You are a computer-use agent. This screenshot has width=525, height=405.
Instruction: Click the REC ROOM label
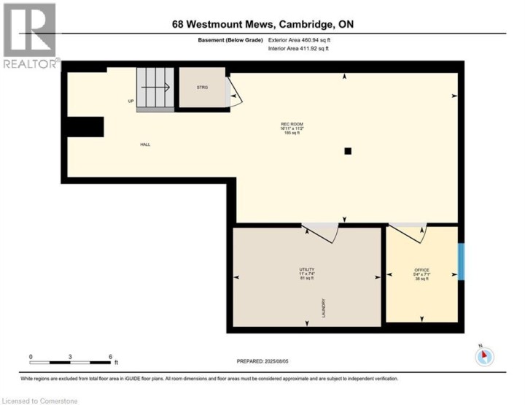coord(292,125)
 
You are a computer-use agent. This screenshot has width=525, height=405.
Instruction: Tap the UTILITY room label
coord(306,270)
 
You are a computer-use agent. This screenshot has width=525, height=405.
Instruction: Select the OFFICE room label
coord(421,270)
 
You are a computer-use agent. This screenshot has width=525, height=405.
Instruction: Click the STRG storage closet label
coord(202,88)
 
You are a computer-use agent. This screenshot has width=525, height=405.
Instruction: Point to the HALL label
coord(145,144)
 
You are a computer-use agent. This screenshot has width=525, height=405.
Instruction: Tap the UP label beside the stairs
coord(131,101)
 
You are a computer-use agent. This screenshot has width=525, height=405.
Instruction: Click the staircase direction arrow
coord(155,86)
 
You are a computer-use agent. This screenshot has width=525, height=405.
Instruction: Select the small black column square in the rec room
coord(349,151)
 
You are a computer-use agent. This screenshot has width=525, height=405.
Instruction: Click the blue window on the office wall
coord(460,261)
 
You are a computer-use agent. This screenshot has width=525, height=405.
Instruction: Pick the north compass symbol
coord(484,356)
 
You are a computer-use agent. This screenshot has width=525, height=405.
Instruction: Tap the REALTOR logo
coord(30,36)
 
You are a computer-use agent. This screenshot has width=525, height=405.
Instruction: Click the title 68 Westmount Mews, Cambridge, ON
coord(262,24)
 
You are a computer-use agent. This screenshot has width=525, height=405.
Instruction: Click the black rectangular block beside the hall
coord(85,127)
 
